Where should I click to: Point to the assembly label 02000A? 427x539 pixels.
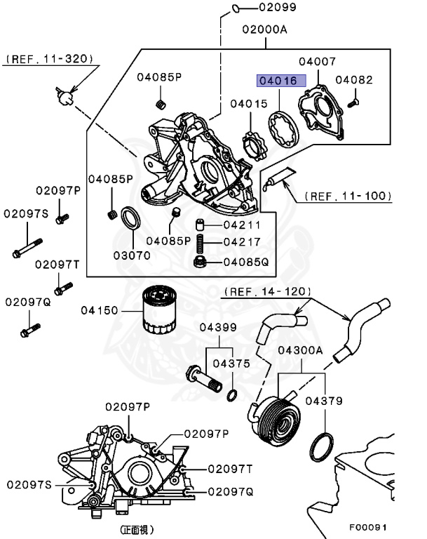tap(266, 30)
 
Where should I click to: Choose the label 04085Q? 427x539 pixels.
tap(245, 262)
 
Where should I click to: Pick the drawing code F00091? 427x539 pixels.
tap(368, 526)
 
